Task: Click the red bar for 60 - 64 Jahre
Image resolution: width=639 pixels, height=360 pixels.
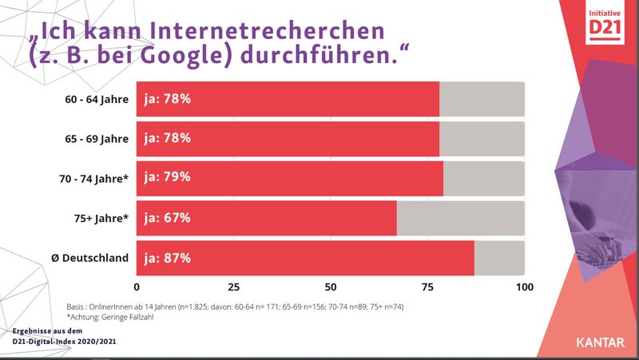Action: tap(288, 99)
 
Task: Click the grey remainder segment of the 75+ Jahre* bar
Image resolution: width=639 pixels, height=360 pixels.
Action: tap(460, 218)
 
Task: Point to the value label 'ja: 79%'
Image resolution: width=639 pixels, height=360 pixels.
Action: tap(167, 178)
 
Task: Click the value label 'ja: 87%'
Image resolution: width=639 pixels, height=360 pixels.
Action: tap(167, 258)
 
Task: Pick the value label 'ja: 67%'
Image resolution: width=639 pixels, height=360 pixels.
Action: tap(167, 218)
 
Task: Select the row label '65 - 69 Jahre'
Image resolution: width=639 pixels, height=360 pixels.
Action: tap(97, 139)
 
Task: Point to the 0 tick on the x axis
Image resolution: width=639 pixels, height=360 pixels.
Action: tap(137, 287)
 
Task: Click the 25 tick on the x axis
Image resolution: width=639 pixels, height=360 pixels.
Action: tap(233, 287)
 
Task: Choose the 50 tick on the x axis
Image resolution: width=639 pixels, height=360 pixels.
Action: tap(331, 287)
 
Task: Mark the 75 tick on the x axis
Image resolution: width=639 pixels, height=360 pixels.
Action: tap(427, 287)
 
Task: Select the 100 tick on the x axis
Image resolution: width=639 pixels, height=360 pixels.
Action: tap(524, 287)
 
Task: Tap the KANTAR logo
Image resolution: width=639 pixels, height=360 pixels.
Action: tap(601, 342)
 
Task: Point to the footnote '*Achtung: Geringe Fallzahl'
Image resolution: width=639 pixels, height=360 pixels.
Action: tap(110, 317)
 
